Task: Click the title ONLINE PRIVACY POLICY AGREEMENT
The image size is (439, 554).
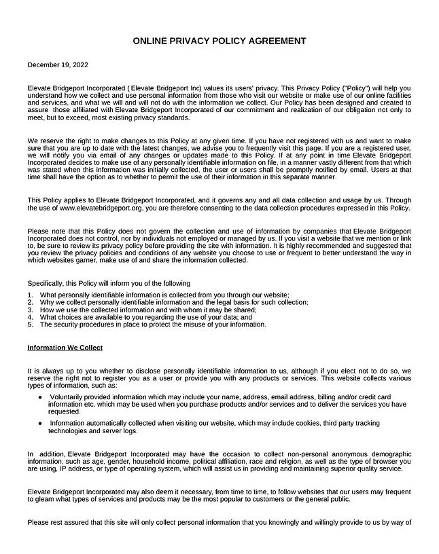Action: [219, 41]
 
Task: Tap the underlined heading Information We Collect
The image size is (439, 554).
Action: [65, 348]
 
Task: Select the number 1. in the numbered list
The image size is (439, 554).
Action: [31, 295]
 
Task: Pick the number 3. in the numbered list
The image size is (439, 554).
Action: [31, 310]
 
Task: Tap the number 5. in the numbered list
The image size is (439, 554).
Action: [31, 325]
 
